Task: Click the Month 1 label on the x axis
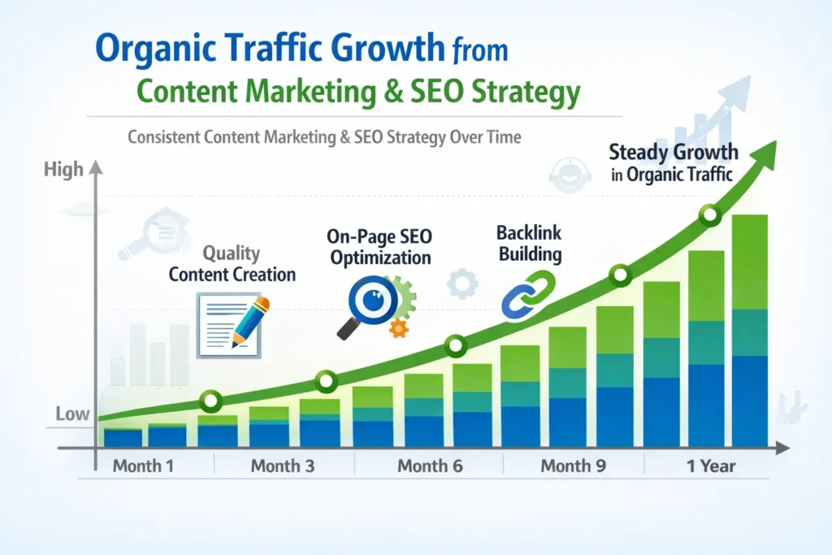(143, 466)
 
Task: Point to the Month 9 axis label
(572, 466)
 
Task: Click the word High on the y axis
(64, 169)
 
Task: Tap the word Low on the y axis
(72, 414)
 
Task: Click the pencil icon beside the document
(250, 320)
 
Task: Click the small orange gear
(398, 327)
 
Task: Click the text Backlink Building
(529, 243)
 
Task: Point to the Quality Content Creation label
(232, 263)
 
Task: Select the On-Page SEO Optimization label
(379, 247)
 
